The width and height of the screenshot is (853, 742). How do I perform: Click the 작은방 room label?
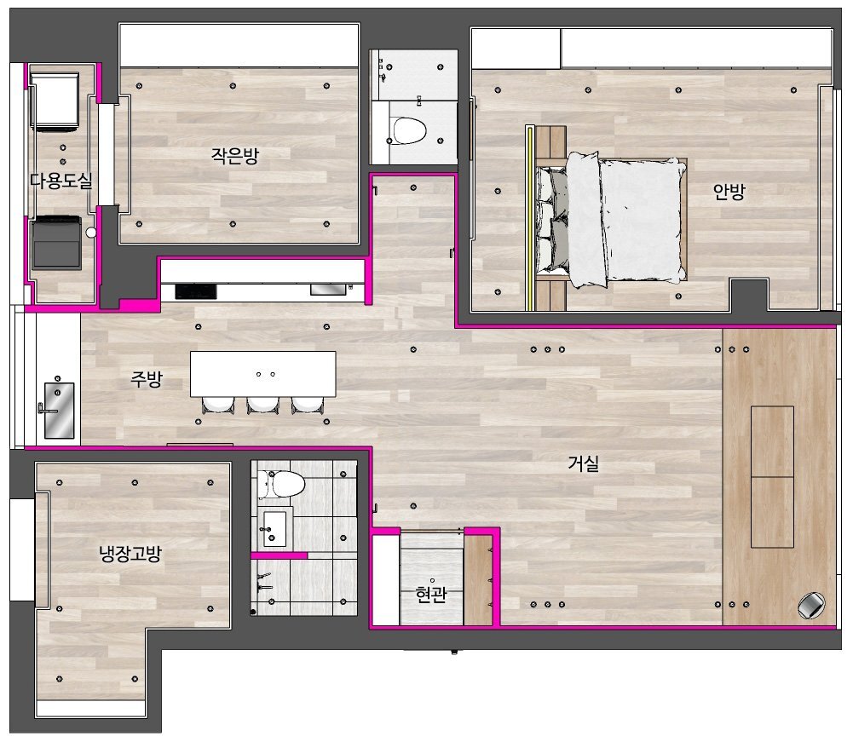coord(235,156)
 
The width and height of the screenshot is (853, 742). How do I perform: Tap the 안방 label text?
coord(729,191)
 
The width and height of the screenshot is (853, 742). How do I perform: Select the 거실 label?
coord(583,463)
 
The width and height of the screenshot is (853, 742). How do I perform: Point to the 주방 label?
coord(147,378)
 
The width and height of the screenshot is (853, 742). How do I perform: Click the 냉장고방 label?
coord(130,554)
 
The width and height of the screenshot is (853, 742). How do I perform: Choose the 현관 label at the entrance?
coord(431,594)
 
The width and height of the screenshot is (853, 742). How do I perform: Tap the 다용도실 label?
coord(61,181)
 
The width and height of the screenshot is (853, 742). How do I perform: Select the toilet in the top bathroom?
coord(408,130)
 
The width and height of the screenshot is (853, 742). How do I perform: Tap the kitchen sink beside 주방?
coord(59,410)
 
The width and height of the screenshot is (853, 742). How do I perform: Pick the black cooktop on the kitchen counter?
coord(196,291)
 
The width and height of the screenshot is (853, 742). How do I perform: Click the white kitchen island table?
coord(262,374)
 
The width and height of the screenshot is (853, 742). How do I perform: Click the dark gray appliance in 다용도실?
coord(56,243)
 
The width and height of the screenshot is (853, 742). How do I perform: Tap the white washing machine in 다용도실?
coord(55,102)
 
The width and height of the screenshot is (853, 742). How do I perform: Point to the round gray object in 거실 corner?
coord(811,605)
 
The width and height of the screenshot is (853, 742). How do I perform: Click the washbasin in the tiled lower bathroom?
coord(274,528)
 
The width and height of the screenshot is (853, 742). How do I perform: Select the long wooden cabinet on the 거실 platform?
coord(772,476)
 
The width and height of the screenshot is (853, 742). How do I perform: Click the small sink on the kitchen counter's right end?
coord(327,290)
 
